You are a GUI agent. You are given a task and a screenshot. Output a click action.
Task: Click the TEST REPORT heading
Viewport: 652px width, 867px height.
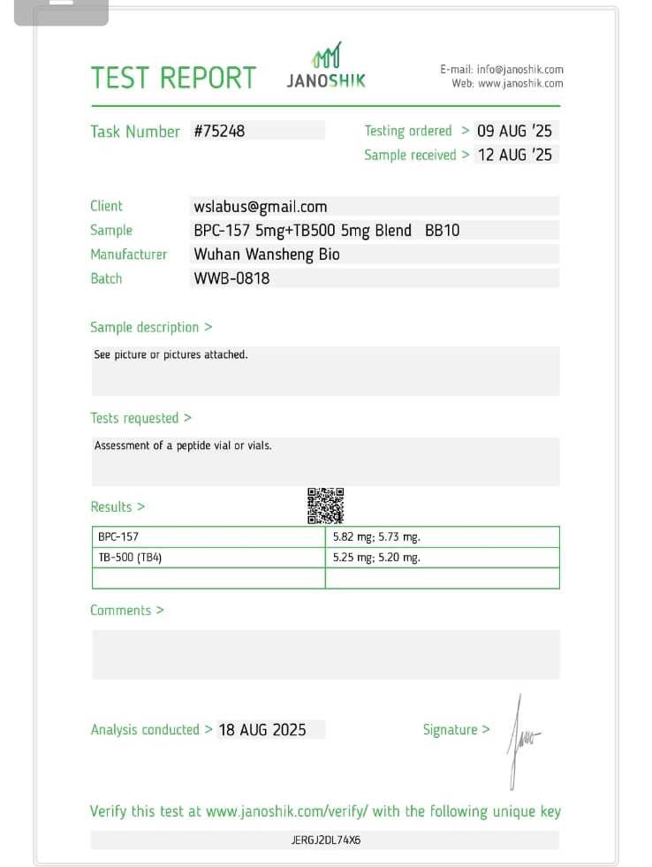click(x=173, y=78)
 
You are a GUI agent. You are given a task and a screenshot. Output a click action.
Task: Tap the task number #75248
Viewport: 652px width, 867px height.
click(x=219, y=131)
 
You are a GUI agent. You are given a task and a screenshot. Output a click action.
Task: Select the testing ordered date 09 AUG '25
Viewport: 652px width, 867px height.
click(x=514, y=131)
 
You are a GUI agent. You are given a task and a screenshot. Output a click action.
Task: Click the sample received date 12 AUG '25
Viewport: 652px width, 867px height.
click(x=514, y=155)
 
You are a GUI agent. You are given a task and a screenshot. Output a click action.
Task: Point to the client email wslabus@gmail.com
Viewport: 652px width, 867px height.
click(x=261, y=207)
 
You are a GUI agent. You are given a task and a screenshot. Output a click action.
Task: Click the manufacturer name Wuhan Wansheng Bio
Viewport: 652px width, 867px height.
click(x=267, y=255)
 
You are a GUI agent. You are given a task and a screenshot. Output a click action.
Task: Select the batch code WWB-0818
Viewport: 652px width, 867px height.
click(x=231, y=278)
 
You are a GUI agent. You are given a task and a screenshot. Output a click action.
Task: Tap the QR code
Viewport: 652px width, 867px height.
click(x=325, y=506)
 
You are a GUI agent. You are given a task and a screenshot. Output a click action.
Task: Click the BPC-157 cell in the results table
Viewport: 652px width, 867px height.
click(x=118, y=536)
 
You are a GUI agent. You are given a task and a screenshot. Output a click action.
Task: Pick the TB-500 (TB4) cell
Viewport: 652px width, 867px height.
click(x=130, y=558)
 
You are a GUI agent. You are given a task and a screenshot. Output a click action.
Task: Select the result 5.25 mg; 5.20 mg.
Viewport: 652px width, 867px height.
click(x=376, y=558)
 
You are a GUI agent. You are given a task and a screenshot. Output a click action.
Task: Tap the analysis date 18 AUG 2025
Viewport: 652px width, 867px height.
click(x=262, y=730)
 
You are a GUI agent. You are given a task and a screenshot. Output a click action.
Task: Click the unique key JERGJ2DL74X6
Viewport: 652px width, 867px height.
click(x=325, y=840)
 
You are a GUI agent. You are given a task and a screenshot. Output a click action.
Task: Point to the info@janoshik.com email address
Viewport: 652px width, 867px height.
click(x=519, y=69)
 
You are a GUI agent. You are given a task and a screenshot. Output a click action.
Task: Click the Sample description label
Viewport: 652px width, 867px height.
click(x=151, y=327)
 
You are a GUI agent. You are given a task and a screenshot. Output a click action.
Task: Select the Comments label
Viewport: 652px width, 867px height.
click(x=126, y=611)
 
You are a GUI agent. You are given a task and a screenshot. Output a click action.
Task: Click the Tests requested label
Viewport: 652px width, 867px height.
click(x=140, y=418)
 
